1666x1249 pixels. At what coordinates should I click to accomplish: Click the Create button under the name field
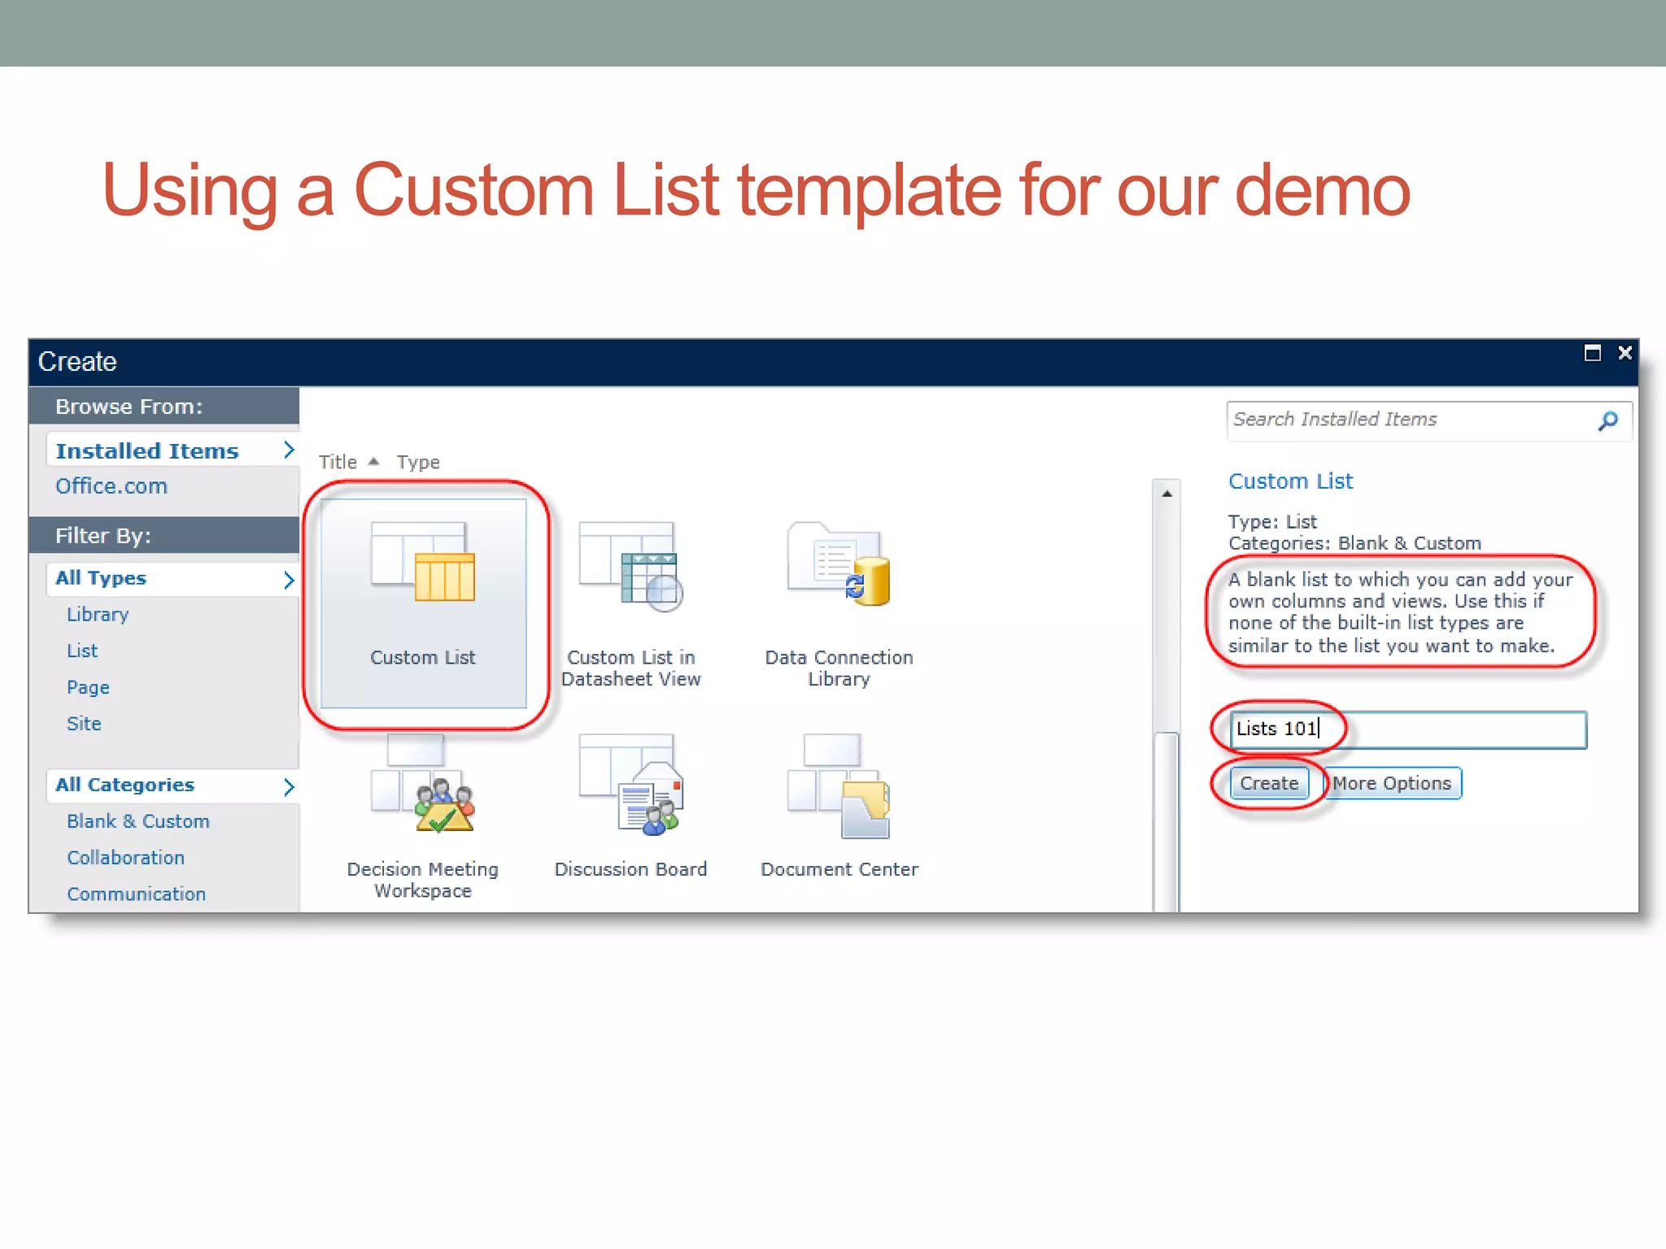click(1268, 783)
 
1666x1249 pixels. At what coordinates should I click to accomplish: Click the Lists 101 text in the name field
click(1276, 729)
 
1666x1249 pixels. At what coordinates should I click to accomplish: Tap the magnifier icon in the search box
click(1607, 420)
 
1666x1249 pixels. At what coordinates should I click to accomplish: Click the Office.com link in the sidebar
click(111, 486)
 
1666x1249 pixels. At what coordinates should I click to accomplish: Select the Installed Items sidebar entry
click(147, 450)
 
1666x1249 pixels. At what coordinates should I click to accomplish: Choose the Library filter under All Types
click(98, 615)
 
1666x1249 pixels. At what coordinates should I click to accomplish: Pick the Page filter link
click(88, 687)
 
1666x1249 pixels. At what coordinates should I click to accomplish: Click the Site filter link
click(84, 724)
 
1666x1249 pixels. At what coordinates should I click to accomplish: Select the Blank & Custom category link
click(138, 821)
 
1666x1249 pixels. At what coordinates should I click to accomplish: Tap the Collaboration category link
click(126, 858)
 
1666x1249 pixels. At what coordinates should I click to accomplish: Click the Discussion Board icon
click(630, 785)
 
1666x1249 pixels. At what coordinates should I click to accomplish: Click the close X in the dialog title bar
click(1625, 353)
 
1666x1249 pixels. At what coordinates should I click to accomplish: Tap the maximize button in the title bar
click(1592, 353)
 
